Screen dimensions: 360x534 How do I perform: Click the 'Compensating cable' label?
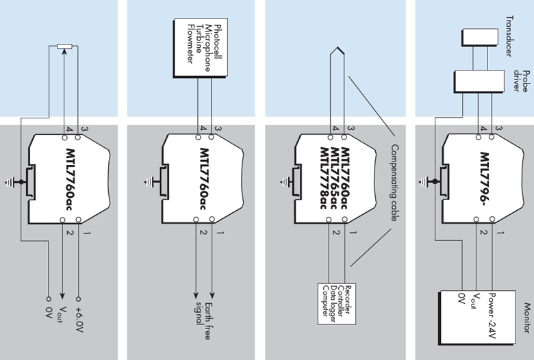point(394,182)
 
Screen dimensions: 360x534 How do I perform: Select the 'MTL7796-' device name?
point(484,179)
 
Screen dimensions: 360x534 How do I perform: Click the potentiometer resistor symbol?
point(63,46)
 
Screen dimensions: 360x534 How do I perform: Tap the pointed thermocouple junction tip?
point(335,49)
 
